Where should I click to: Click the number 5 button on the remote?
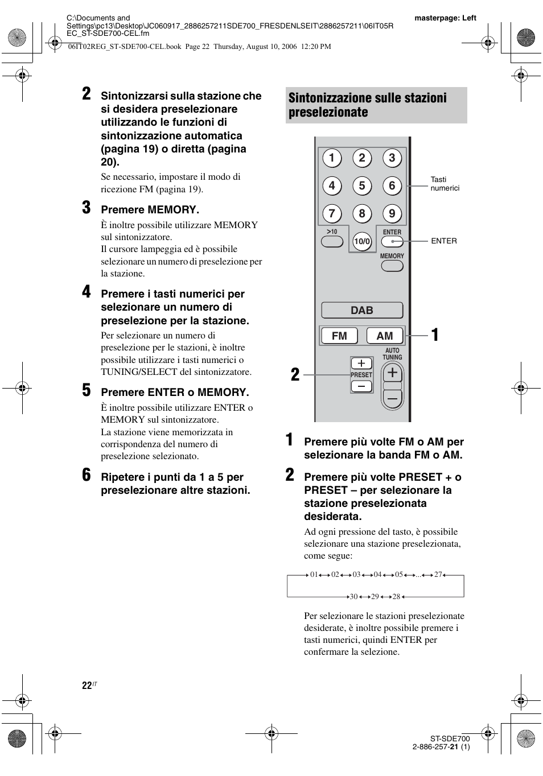click(x=361, y=186)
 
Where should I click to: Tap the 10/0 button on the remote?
click(x=362, y=241)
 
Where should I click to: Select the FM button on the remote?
click(x=339, y=336)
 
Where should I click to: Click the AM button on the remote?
click(x=385, y=336)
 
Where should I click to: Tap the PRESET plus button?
click(x=361, y=364)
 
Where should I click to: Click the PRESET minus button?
click(x=361, y=386)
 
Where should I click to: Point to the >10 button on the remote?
click(x=332, y=241)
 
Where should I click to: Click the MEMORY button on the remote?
click(x=392, y=266)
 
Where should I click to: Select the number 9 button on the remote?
click(x=392, y=214)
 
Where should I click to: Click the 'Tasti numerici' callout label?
click(x=445, y=184)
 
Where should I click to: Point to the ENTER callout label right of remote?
click(x=444, y=241)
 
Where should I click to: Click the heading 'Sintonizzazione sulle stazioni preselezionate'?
click(x=368, y=105)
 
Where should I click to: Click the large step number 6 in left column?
click(x=86, y=476)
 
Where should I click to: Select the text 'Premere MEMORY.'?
click(x=150, y=210)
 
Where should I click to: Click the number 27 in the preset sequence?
click(x=438, y=575)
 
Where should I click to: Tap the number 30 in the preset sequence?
click(x=353, y=596)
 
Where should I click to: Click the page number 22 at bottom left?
click(x=87, y=686)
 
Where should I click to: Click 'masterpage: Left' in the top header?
click(x=445, y=18)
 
